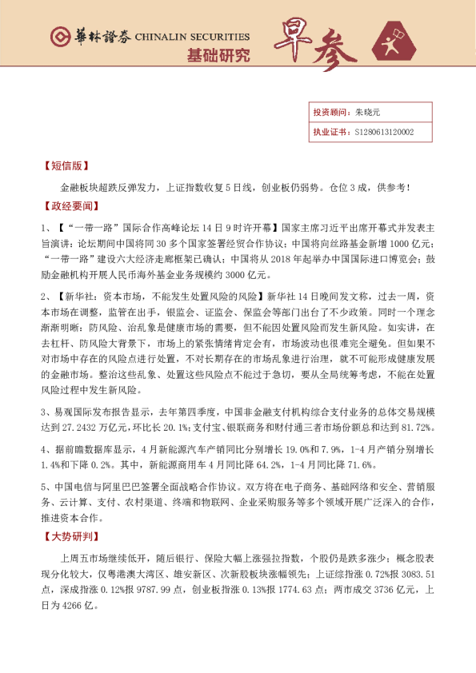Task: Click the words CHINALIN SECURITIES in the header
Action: pyautogui.click(x=192, y=38)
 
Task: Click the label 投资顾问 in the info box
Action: pyautogui.click(x=329, y=113)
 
